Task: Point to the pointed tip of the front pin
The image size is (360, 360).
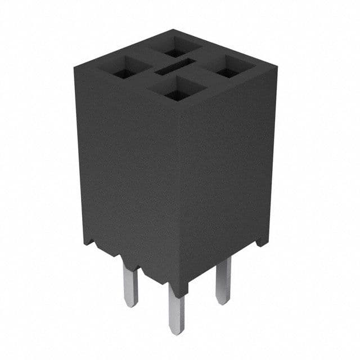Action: [177, 332]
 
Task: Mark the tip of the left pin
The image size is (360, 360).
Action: [131, 305]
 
